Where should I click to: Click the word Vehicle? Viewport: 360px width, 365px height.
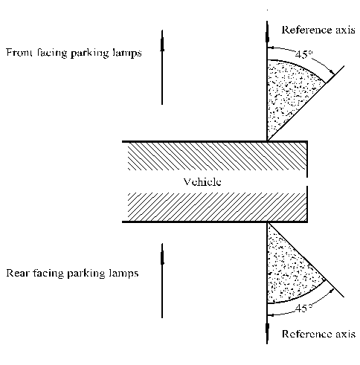tap(202, 182)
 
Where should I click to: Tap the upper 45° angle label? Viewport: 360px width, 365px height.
tap(304, 54)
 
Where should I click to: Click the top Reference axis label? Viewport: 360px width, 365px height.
tap(318, 30)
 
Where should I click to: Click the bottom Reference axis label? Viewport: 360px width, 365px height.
tap(318, 334)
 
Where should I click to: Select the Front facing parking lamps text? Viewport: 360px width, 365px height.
tap(74, 53)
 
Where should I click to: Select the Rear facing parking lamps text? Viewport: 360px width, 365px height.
tap(72, 273)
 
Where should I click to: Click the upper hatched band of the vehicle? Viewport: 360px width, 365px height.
tap(217, 156)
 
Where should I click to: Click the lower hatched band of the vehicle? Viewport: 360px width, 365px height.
tap(217, 207)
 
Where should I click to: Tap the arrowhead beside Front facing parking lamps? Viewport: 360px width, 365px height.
tap(162, 44)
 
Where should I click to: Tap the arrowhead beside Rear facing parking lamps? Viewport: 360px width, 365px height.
tap(162, 257)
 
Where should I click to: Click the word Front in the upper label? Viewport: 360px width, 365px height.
tap(19, 53)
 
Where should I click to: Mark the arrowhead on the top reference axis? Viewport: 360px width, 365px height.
tap(267, 36)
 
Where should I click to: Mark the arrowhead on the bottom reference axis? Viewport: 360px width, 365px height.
tap(267, 329)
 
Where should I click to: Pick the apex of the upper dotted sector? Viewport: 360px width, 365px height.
tap(267, 140)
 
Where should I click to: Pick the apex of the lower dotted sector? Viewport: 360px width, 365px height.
tap(267, 223)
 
